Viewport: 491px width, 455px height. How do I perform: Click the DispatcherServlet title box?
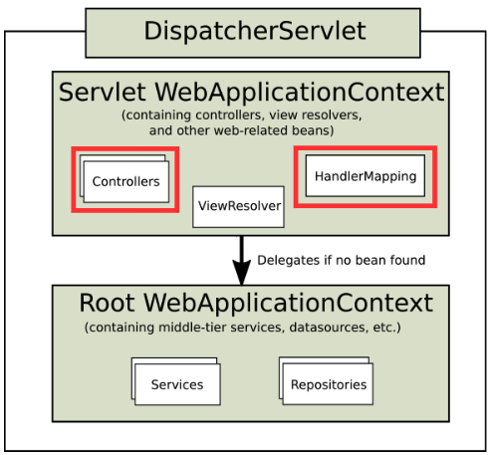255,31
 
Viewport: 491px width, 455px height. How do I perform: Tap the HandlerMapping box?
365,175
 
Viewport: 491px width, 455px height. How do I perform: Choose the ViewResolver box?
239,207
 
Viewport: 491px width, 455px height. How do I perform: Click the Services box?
176,384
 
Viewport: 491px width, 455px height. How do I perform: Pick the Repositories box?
328,384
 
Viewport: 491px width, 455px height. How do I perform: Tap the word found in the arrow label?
406,261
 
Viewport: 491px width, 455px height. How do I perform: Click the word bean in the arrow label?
366,261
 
